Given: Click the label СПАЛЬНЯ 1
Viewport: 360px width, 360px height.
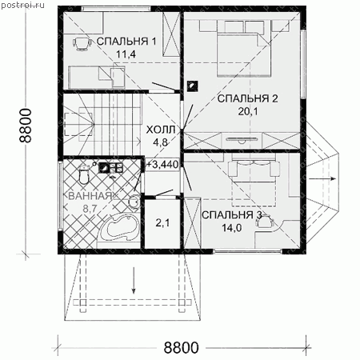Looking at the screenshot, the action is pos(126,42).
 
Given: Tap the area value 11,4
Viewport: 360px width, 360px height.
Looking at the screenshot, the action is pos(126,54).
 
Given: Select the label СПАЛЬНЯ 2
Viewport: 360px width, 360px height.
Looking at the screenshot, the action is pos(248,98).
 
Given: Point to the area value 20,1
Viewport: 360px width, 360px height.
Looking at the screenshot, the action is pos(248,111).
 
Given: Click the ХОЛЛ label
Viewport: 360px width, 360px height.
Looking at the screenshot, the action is pos(161,130).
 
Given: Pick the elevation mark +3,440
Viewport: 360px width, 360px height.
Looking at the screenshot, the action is pos(162,164).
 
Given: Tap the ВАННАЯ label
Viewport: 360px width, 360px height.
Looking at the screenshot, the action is pos(90,196).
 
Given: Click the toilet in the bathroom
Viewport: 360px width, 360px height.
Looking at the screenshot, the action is pos(84,174).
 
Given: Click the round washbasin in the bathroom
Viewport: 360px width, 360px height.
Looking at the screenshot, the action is pos(134,202).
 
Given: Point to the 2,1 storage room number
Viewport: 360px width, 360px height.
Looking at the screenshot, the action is pos(162,223).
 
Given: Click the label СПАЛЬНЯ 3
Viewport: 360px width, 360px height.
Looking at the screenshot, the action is pos(232,215).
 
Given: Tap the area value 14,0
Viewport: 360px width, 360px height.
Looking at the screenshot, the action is pos(232,228).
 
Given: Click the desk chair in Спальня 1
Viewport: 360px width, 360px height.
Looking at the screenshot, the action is pos(82,43).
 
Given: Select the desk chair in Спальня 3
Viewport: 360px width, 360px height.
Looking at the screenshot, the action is pos(265,222).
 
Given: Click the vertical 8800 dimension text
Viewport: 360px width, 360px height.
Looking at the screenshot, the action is pos(26,126).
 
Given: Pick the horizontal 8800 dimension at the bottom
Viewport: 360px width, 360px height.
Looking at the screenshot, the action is pos(181,347).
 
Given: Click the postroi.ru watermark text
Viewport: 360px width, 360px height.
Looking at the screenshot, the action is pos(22,5).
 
